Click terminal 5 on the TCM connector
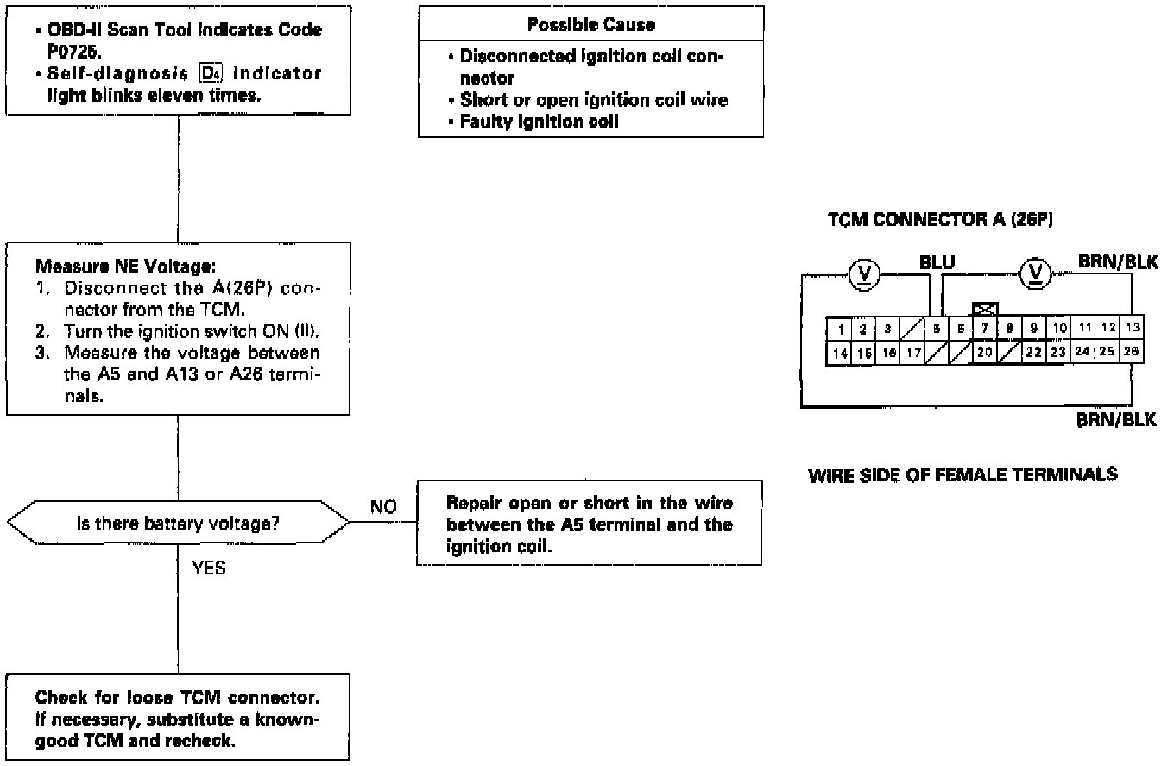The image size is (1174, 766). [937, 328]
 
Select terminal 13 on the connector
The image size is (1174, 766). [1133, 328]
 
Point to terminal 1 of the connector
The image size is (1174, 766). [839, 329]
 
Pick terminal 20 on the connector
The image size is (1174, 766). [984, 353]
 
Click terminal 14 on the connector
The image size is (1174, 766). [839, 353]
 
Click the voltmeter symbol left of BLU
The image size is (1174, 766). [863, 274]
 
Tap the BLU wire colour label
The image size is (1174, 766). [937, 261]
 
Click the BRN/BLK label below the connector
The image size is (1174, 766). [1116, 420]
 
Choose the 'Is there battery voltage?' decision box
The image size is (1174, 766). [178, 523]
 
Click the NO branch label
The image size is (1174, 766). [383, 506]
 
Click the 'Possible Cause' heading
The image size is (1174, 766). [591, 25]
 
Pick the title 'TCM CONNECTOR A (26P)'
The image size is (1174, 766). [940, 220]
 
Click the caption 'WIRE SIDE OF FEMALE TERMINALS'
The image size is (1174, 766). [963, 474]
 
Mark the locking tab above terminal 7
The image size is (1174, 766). [985, 308]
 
